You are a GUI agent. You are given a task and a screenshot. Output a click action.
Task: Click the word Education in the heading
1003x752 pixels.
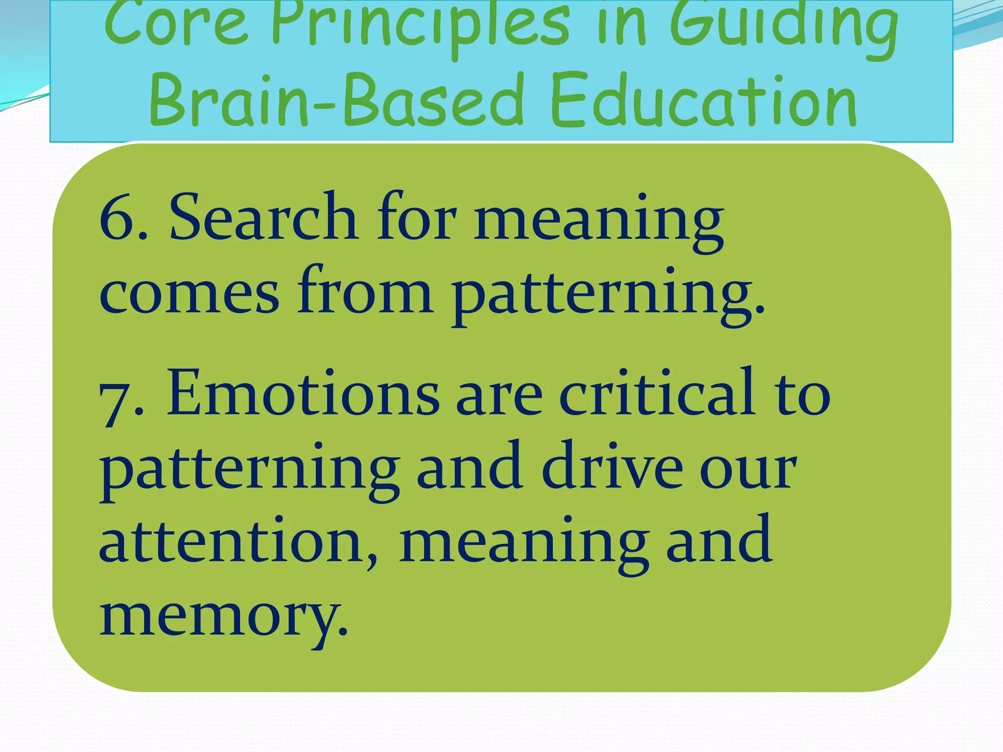(703, 100)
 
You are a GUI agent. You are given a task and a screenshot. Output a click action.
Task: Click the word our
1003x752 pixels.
(747, 470)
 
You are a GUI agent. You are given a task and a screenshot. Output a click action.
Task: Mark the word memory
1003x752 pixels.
(223, 617)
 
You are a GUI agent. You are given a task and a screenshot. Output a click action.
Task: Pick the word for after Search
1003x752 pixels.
(416, 216)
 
